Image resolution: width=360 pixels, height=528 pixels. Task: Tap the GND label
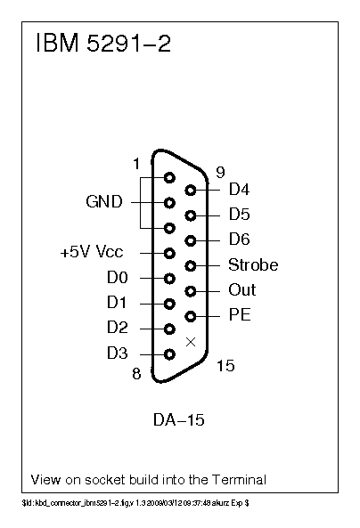coord(104,202)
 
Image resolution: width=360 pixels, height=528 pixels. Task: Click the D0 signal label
coord(118,278)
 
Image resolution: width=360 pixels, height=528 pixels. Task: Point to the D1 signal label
coord(118,303)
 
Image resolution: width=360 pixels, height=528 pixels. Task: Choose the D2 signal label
coord(118,329)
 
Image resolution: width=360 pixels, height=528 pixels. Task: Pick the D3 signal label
coord(118,353)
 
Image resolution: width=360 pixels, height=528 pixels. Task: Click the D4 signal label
coord(240,190)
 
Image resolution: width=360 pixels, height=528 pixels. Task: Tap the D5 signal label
coord(240,215)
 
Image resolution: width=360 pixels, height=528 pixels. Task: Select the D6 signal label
coord(240,240)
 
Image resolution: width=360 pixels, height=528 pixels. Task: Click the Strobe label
coord(253,265)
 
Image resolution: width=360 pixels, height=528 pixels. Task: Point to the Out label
coord(242,290)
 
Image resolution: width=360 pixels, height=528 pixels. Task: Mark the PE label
coord(239,315)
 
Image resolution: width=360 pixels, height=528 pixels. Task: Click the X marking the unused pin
coord(190,341)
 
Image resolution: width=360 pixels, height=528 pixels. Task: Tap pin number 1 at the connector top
coord(136,164)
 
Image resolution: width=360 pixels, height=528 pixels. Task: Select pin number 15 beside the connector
coord(225,366)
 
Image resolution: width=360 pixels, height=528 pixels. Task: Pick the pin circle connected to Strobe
coord(190,265)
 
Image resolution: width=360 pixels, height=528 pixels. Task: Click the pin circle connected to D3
coord(169,353)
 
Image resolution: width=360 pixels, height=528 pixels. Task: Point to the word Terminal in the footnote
coord(237,480)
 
